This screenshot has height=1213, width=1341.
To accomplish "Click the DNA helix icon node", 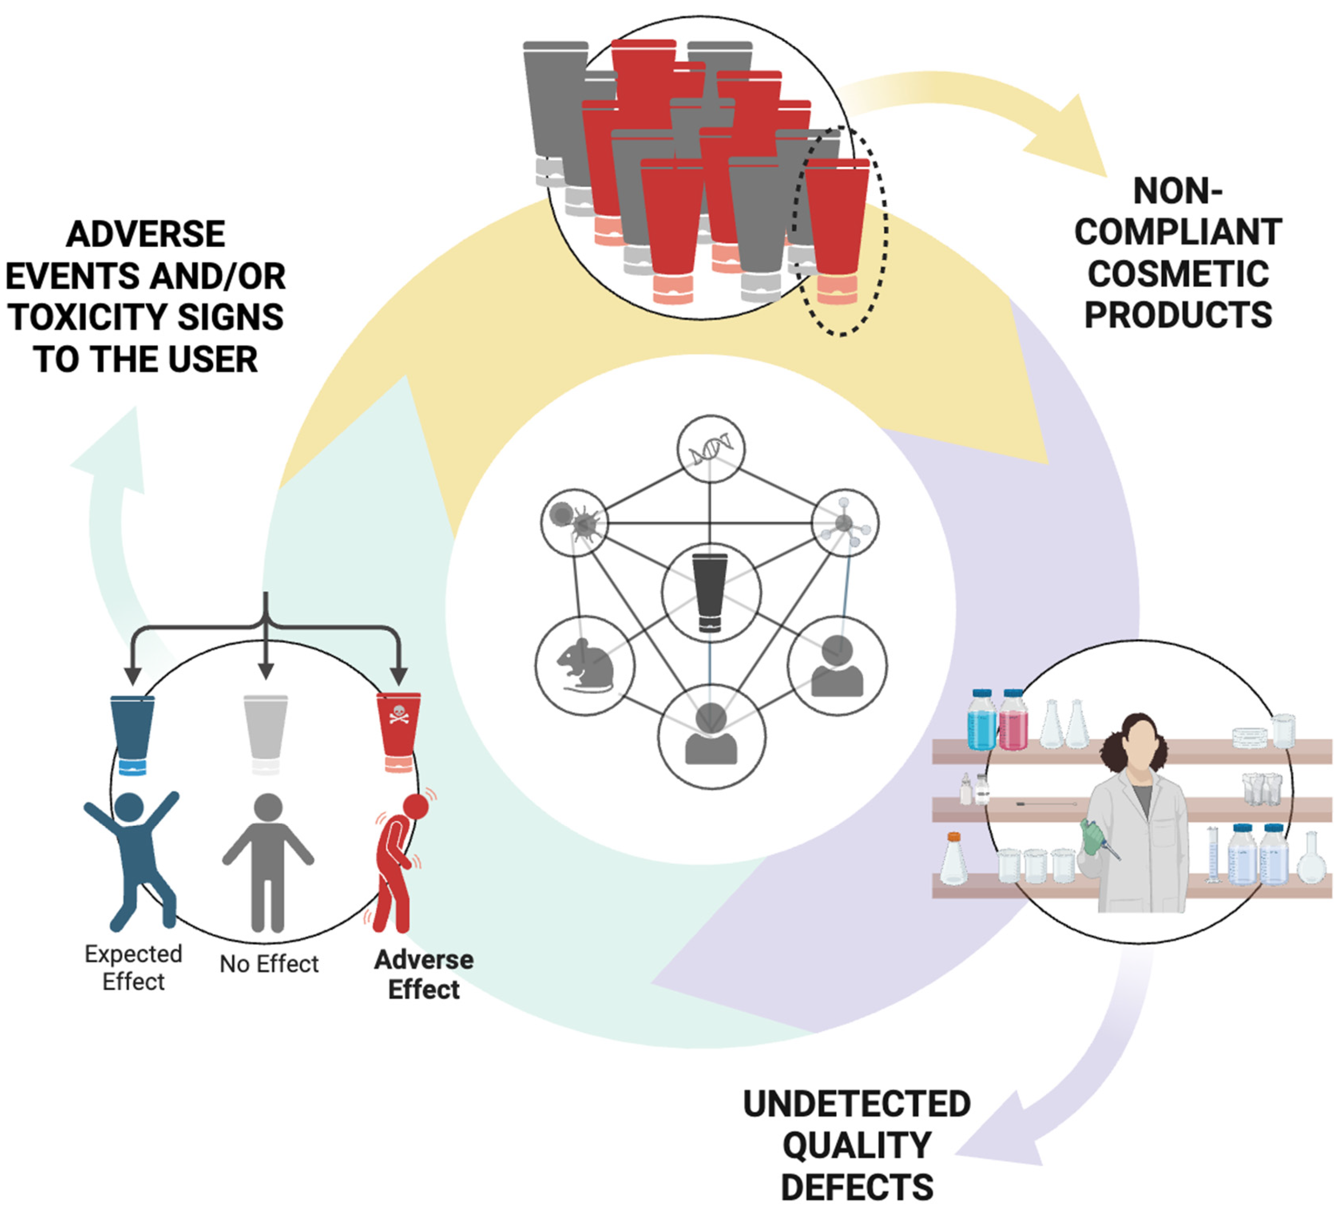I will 710,449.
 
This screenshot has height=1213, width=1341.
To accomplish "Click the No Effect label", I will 269,964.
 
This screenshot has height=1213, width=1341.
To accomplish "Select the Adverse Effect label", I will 424,974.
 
